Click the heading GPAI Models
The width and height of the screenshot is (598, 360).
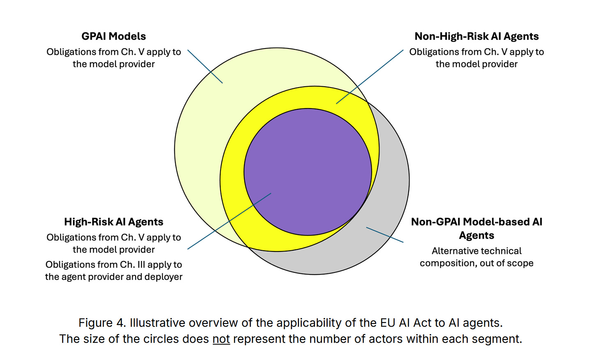pos(113,36)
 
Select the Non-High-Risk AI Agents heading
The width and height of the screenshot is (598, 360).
pos(476,36)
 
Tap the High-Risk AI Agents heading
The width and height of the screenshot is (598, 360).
pos(113,222)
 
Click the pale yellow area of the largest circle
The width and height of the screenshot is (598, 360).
pos(205,123)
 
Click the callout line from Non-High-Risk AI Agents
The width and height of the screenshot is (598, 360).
pos(370,77)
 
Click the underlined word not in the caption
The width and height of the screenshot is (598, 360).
pos(221,339)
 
